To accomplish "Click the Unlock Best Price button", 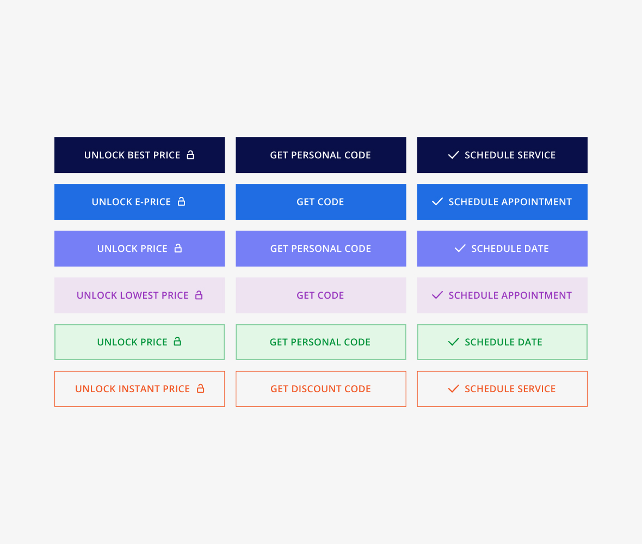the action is pyautogui.click(x=140, y=155).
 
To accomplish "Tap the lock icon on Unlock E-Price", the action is pyautogui.click(x=181, y=201).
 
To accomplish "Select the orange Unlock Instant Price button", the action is pyautogui.click(x=140, y=389).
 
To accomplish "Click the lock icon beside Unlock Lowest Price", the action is pyautogui.click(x=199, y=295).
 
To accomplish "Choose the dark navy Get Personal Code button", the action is pyautogui.click(x=321, y=155).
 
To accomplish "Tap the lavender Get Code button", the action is pyautogui.click(x=321, y=295).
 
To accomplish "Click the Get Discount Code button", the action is pyautogui.click(x=321, y=389).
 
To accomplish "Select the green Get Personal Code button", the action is pyautogui.click(x=321, y=342).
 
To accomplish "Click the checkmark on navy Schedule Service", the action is pyautogui.click(x=453, y=155).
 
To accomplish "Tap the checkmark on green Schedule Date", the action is pyautogui.click(x=453, y=342).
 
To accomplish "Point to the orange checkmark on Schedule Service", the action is pyautogui.click(x=453, y=389).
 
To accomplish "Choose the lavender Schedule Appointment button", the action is pyautogui.click(x=502, y=295).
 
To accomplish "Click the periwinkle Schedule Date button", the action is pyautogui.click(x=502, y=249).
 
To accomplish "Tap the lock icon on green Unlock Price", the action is pyautogui.click(x=177, y=342).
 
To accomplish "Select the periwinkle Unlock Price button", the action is pyautogui.click(x=140, y=249).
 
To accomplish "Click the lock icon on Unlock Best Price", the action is pyautogui.click(x=190, y=154).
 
